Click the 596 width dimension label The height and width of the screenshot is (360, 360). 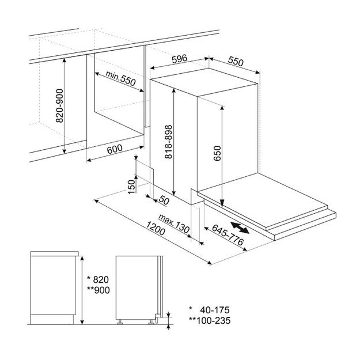coord(180,59)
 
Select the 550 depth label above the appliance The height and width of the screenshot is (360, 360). coord(236,61)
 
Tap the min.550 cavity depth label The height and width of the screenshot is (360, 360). coord(120,78)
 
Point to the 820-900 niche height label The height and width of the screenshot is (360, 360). coord(60,105)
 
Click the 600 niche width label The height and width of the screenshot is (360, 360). coord(115,149)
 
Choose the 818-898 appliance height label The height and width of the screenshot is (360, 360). coord(169,142)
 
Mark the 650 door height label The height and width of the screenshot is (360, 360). coord(217,153)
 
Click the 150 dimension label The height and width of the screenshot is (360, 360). coord(131,187)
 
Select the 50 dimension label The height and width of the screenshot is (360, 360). coord(164,200)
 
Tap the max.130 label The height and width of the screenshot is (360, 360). coord(174,223)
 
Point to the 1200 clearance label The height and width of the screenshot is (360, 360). coord(156,228)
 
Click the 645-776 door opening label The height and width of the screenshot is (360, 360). coord(228,234)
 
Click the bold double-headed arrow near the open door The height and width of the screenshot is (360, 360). coord(240,228)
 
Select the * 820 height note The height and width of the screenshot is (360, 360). coord(98,279)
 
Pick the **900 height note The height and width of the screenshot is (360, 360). coord(98,290)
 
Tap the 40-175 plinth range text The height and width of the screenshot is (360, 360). coord(215,310)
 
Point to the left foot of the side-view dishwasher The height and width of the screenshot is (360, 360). coord(120,322)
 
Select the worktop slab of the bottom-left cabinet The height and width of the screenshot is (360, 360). coord(54,253)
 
